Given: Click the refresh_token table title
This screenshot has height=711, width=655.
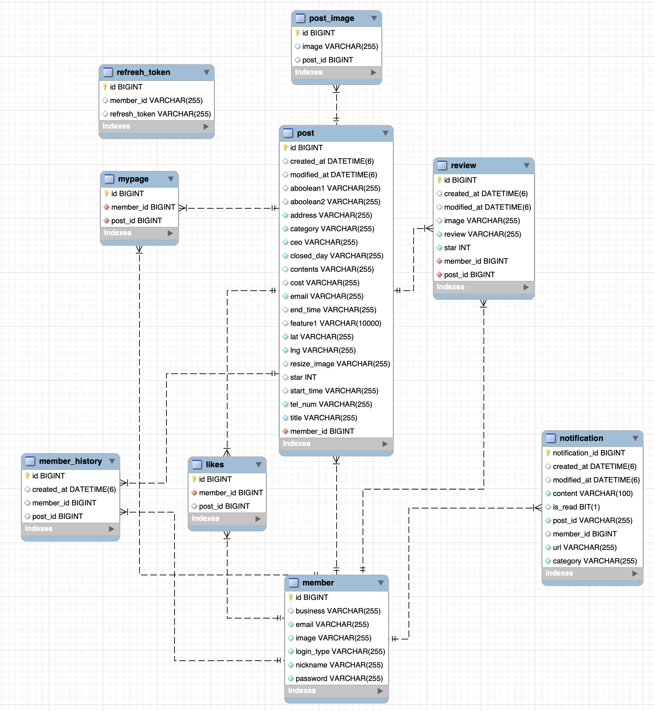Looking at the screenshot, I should (x=143, y=72).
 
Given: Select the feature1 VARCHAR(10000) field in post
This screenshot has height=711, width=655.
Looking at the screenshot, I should (x=335, y=323).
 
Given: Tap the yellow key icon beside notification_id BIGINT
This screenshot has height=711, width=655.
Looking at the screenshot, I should (x=548, y=453).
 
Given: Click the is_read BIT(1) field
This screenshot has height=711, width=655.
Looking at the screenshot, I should (x=576, y=507).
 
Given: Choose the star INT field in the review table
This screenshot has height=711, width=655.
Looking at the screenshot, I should (x=457, y=248).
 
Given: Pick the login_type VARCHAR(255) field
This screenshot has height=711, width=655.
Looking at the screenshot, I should (x=340, y=652).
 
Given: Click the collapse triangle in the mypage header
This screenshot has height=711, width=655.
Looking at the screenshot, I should (x=171, y=179).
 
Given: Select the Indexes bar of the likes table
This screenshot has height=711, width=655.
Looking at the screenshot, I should (x=227, y=519).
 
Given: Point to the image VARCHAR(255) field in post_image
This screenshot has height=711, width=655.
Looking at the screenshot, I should (x=340, y=47).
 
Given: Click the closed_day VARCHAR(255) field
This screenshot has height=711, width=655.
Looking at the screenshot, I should (x=336, y=256).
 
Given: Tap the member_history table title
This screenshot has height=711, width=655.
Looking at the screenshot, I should (x=70, y=461).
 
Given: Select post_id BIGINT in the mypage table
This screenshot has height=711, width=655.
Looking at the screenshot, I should (x=136, y=221).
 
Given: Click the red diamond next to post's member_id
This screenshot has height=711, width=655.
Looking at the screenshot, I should (x=285, y=431).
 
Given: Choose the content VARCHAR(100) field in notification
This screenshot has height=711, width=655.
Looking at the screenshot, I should (x=592, y=494).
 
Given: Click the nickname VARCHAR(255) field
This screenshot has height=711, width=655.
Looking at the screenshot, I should (x=339, y=665).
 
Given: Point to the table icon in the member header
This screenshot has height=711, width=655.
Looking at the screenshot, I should (x=293, y=583).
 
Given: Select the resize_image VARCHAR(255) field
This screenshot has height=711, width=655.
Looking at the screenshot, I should (x=340, y=364).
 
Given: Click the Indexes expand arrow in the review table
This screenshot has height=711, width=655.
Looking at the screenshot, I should (x=526, y=287).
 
